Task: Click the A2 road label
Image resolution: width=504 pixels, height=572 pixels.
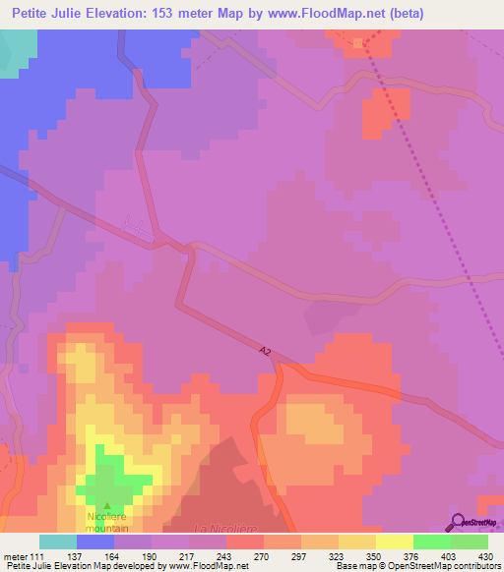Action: pyautogui.click(x=264, y=350)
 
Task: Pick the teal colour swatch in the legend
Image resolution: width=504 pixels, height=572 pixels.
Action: pyautogui.click(x=58, y=542)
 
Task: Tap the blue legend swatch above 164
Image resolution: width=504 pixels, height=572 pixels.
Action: pyautogui.click(x=95, y=542)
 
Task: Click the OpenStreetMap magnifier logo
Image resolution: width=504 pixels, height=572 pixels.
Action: pyautogui.click(x=456, y=522)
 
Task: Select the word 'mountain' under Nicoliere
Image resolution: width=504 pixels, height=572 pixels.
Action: pyautogui.click(x=108, y=527)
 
